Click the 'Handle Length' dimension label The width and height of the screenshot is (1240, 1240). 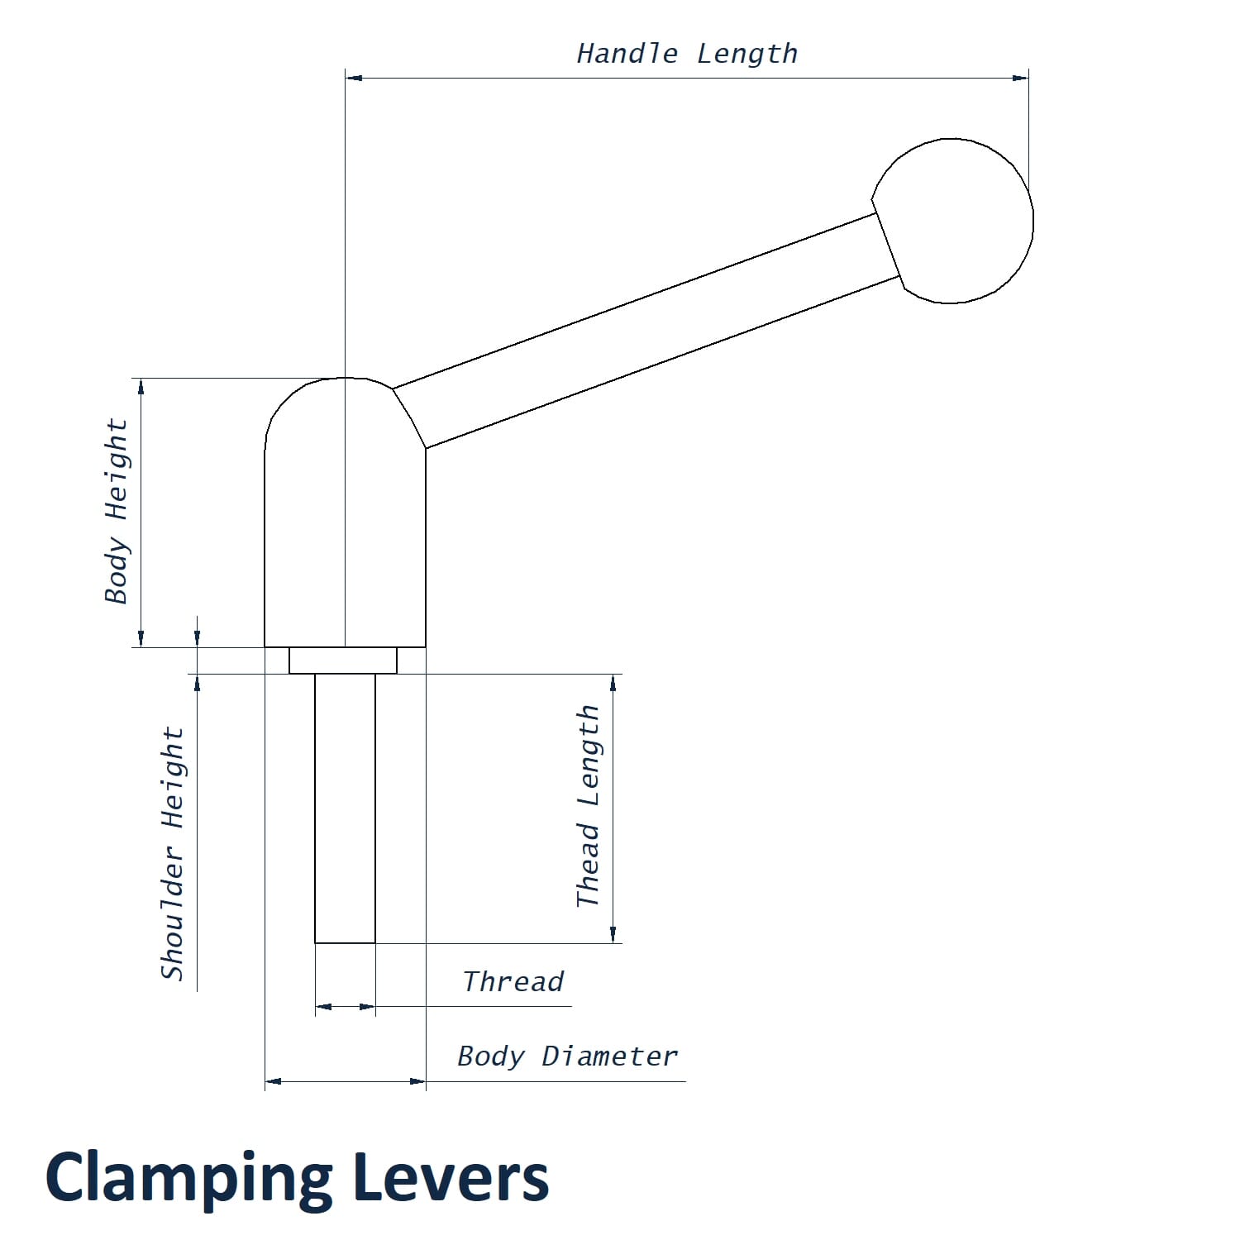[x=687, y=55]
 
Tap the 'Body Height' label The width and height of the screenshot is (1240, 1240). [x=117, y=512]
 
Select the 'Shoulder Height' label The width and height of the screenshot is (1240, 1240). [x=172, y=853]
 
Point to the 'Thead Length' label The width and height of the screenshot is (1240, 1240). [x=588, y=806]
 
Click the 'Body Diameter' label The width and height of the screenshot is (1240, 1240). [x=567, y=1056]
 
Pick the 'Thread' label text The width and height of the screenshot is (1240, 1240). [x=513, y=982]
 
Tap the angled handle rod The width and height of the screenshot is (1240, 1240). [x=645, y=331]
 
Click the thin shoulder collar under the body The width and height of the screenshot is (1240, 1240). [x=343, y=661]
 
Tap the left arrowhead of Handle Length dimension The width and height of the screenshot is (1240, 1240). [x=354, y=78]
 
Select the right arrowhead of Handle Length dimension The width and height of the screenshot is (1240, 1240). [x=1020, y=78]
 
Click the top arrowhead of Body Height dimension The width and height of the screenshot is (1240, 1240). [x=141, y=387]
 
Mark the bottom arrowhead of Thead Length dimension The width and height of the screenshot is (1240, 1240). [x=613, y=934]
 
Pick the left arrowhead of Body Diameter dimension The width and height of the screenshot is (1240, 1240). [x=274, y=1080]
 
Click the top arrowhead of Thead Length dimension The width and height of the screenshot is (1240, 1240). [x=613, y=683]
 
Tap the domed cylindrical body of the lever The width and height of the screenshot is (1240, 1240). [x=345, y=529]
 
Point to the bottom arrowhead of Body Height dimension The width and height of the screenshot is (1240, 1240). [x=141, y=638]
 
